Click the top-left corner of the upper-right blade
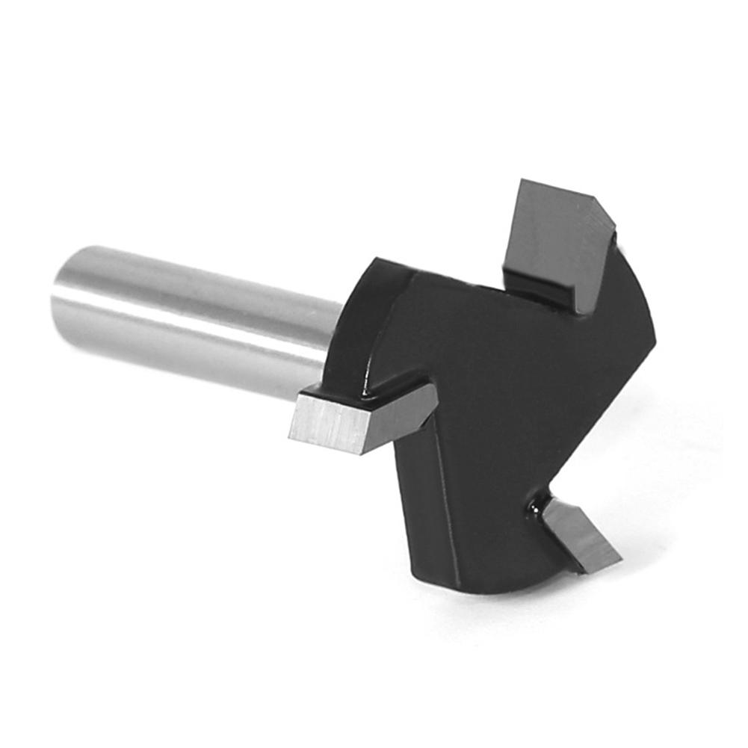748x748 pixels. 523,182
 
